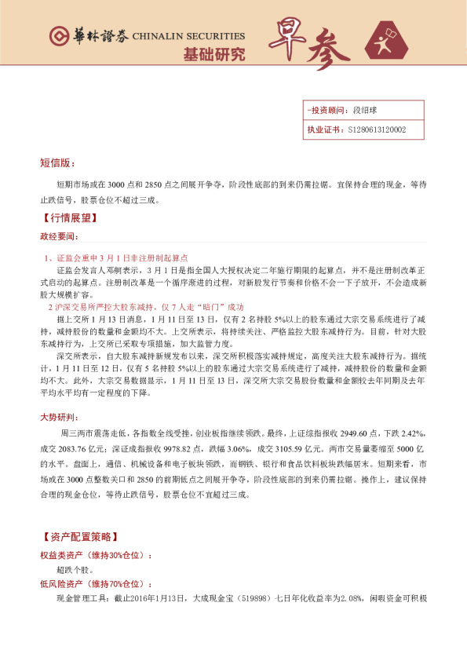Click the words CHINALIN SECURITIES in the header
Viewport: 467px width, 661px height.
point(188,36)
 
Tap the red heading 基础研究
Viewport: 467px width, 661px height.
point(213,54)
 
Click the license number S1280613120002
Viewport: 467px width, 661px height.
point(376,130)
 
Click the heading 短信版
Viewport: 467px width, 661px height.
point(57,163)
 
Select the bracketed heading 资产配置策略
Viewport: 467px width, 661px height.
point(79,538)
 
